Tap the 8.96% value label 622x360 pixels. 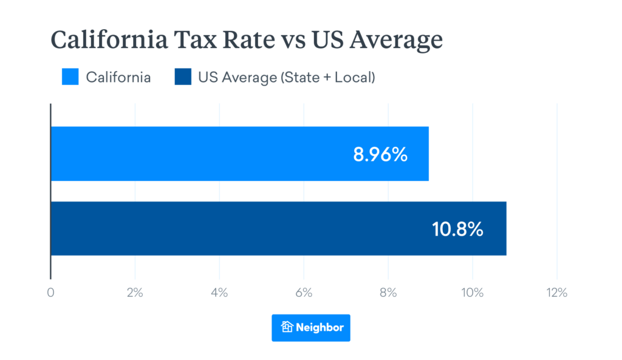point(380,154)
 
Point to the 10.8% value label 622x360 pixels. point(457,229)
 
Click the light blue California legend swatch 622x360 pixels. point(70,77)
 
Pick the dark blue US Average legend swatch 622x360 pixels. point(183,77)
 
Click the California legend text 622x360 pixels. point(118,77)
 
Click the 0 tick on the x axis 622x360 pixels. point(50,293)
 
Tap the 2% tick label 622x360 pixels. point(135,293)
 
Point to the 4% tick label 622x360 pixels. point(219,293)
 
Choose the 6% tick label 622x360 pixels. point(304,293)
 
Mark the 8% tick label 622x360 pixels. point(388,293)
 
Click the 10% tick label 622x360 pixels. point(473,293)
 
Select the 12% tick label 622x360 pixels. point(556,293)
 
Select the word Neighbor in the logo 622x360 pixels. point(320,327)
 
